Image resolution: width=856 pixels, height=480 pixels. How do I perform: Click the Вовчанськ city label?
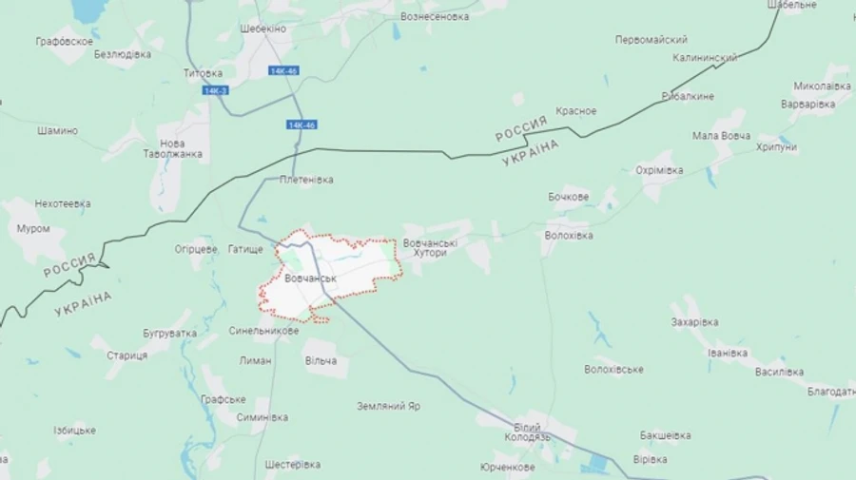coord(311,278)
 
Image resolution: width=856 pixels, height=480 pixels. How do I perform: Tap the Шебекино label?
coord(263,29)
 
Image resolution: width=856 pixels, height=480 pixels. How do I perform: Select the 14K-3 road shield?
coord(216,90)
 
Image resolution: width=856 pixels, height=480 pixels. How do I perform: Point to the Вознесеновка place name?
coord(435,17)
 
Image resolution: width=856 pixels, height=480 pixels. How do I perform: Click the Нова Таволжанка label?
coord(173,147)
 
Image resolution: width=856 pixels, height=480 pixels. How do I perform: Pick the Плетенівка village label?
coord(306,179)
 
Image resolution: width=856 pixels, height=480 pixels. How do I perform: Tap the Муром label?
coord(33,228)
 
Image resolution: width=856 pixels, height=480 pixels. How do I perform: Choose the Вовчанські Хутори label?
coord(430,248)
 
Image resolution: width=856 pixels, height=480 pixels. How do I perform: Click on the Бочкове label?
coord(568,197)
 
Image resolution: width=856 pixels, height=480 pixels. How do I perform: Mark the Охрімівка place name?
coord(659,170)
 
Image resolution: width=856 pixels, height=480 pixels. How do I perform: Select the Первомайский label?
coord(652,40)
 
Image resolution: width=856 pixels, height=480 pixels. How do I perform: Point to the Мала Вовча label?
coord(720,135)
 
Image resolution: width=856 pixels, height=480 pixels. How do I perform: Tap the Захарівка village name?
coord(694,322)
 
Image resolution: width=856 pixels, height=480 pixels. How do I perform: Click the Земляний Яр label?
coord(388,406)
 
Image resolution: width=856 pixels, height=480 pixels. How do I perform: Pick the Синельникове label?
coord(263,331)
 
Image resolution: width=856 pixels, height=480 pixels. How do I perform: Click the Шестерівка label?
coord(292,465)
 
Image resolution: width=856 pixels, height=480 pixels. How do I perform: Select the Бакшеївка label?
coord(665,435)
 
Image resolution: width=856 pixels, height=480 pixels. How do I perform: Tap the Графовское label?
coord(65,41)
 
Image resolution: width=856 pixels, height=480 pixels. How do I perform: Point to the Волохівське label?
coord(613,369)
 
